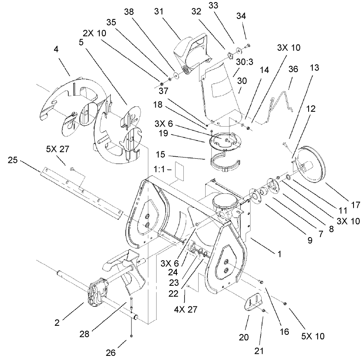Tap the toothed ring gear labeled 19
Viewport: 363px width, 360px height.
click(x=225, y=142)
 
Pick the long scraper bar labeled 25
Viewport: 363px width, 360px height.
click(x=82, y=186)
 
